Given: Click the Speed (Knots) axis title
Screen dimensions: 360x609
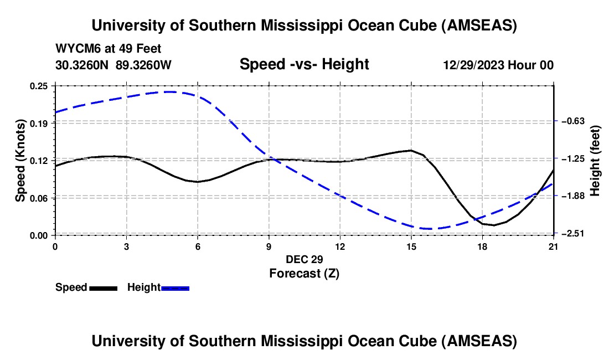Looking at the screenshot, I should pyautogui.click(x=20, y=161).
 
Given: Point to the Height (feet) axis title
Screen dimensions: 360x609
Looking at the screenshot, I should pyautogui.click(x=595, y=161).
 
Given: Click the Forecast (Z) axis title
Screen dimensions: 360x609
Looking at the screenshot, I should pyautogui.click(x=304, y=273).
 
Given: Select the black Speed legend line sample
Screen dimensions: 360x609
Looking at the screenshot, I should pyautogui.click(x=103, y=288).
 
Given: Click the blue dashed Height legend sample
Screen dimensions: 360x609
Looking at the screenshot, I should pyautogui.click(x=175, y=288).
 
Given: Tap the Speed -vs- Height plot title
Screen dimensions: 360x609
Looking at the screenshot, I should pyautogui.click(x=304, y=64).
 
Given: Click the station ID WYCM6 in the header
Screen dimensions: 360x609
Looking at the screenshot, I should pyautogui.click(x=74, y=49).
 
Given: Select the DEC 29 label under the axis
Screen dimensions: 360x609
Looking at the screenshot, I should pyautogui.click(x=304, y=259).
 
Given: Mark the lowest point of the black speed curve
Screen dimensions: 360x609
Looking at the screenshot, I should pyautogui.click(x=494, y=225).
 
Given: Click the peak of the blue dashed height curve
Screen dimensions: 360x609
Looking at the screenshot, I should pyautogui.click(x=171, y=91).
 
